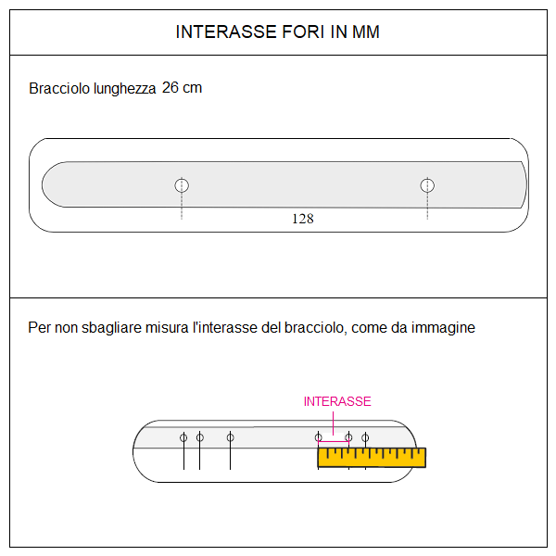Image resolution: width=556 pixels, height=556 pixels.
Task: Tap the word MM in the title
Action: (x=365, y=32)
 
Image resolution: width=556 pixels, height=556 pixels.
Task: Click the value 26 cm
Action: (x=182, y=88)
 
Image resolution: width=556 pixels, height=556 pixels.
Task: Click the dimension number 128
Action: (x=302, y=220)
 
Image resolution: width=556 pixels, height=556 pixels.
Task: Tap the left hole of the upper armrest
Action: (x=182, y=185)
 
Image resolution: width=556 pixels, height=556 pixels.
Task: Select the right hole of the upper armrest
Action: (x=427, y=185)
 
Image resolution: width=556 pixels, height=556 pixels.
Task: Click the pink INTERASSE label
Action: (x=337, y=401)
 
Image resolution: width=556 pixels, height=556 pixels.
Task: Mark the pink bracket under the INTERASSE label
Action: (x=334, y=442)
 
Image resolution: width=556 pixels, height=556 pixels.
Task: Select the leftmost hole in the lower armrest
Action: (x=183, y=437)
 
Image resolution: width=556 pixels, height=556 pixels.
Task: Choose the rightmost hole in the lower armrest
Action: (x=365, y=437)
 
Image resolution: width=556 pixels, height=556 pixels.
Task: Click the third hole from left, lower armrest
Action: (x=230, y=437)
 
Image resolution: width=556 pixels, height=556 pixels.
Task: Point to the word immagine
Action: (x=445, y=328)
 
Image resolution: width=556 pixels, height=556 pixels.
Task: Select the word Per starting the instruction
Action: (x=39, y=328)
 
